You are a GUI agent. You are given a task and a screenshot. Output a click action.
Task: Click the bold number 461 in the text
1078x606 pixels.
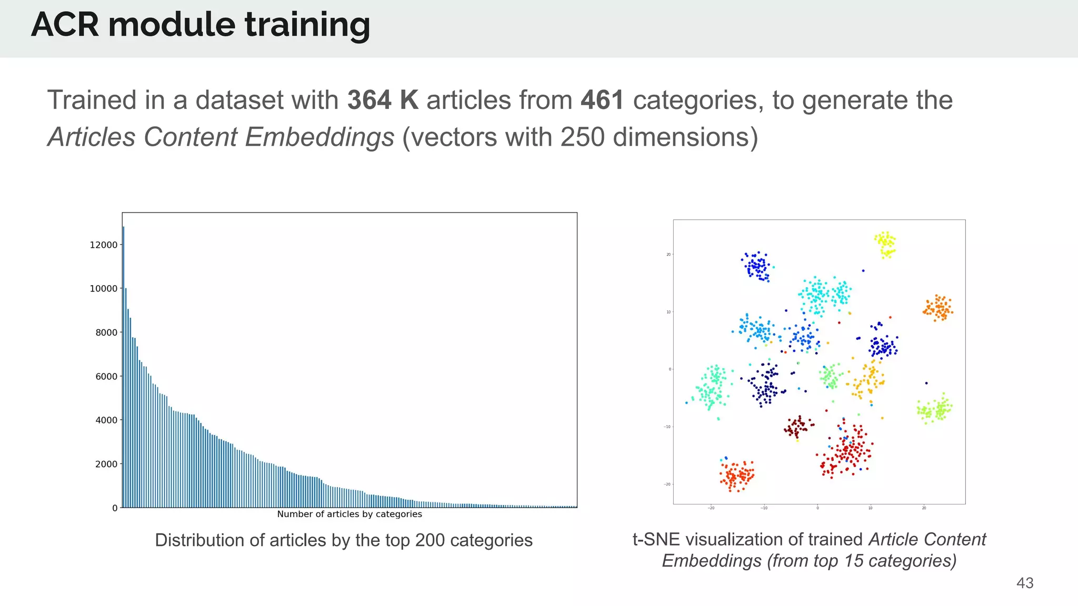(x=602, y=100)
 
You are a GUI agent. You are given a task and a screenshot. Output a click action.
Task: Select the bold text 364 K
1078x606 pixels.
(x=383, y=100)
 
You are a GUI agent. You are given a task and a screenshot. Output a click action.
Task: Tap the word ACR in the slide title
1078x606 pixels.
(x=65, y=25)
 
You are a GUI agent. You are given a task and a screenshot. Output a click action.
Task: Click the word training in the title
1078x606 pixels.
(x=307, y=25)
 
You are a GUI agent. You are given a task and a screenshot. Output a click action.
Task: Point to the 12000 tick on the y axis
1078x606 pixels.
(x=104, y=245)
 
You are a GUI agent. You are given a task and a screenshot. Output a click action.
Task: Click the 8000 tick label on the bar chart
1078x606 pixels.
(x=106, y=332)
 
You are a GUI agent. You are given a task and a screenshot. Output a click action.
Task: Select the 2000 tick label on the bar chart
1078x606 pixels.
(x=106, y=464)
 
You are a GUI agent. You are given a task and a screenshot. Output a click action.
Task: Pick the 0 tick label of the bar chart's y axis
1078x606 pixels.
(x=115, y=508)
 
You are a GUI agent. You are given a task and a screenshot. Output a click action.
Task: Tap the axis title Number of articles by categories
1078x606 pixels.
(x=350, y=514)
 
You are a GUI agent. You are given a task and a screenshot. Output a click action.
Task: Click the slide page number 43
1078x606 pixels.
(x=1024, y=583)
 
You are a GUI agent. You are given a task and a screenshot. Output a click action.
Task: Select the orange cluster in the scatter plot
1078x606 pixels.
(x=938, y=308)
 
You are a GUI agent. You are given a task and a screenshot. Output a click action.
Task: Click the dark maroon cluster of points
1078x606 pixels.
(x=797, y=427)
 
